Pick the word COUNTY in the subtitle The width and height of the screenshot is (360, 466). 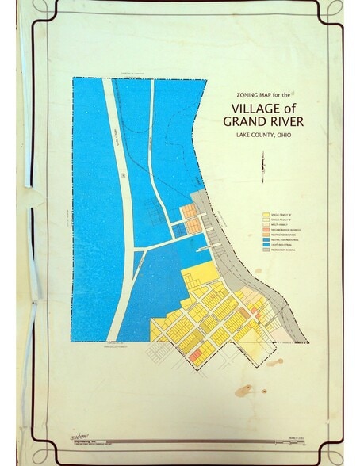coord(262,136)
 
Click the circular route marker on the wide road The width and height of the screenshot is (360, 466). coord(124,175)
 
